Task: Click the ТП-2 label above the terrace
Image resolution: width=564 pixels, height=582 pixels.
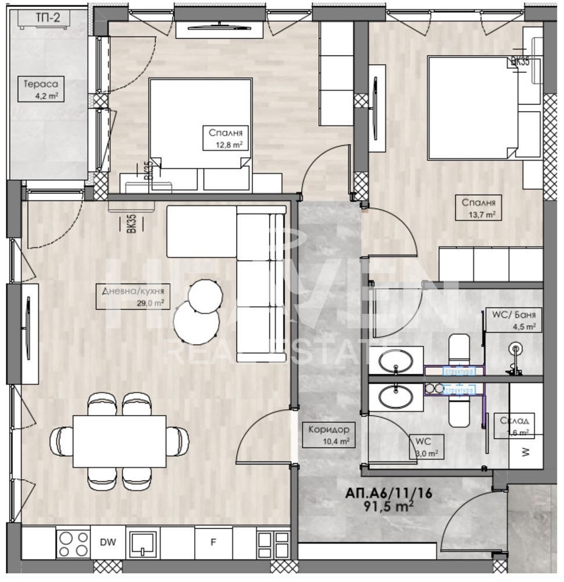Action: click(x=48, y=17)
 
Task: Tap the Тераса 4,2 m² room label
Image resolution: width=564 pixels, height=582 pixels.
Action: click(x=40, y=88)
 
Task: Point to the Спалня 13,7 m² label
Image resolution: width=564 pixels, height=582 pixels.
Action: click(x=479, y=208)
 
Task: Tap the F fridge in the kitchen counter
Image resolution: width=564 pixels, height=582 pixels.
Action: click(x=213, y=542)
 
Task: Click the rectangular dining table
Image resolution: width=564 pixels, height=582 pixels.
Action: click(x=119, y=441)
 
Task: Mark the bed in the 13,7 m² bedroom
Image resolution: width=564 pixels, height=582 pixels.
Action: click(x=471, y=107)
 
